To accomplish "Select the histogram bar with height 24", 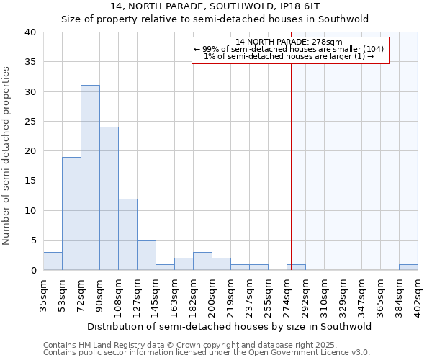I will (109, 199).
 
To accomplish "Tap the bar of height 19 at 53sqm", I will (71, 214).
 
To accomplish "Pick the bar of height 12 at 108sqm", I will (127, 235).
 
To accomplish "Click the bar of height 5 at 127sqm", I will (146, 256).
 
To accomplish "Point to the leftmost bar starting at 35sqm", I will (53, 261).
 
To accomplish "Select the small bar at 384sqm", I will (408, 267).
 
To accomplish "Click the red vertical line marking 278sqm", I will (291, 158).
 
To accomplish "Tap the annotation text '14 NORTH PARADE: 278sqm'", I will (289, 42).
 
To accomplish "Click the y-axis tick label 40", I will (30, 32).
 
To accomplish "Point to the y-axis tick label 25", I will (30, 122).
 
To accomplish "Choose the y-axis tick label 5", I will (33, 240).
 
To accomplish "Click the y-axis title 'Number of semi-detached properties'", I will (6, 156).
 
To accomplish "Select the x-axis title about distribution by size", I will (230, 326).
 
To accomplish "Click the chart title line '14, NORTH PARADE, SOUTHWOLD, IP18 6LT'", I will (215, 6).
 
